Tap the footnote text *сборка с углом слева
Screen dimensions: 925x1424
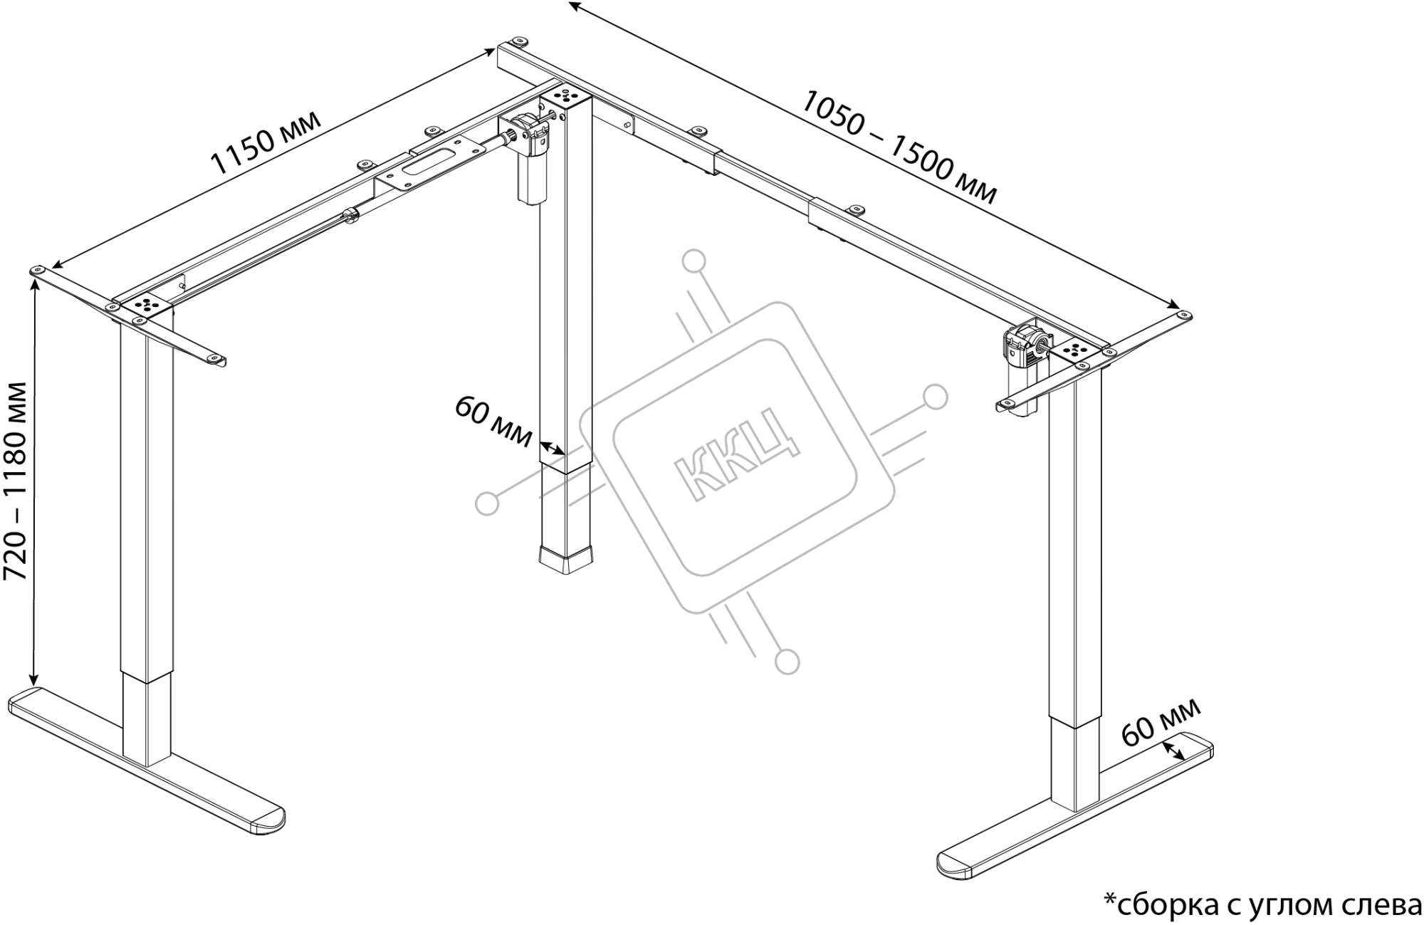click(x=1262, y=904)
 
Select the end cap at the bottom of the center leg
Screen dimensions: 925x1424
click(x=567, y=560)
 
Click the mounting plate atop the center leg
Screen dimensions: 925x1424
click(x=567, y=95)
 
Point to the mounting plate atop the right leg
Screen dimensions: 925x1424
click(x=1075, y=350)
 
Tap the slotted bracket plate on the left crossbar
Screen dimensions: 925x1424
click(x=427, y=165)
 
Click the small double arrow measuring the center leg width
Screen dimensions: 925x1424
click(x=552, y=449)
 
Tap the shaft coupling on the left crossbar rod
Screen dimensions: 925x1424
click(x=350, y=215)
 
